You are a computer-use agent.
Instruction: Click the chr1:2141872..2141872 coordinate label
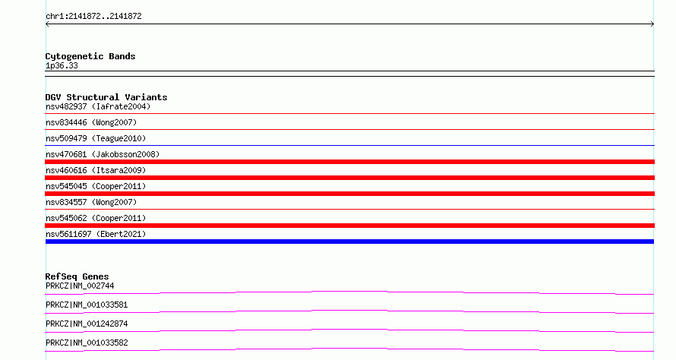pos(93,17)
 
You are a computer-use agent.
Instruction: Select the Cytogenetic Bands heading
pos(90,56)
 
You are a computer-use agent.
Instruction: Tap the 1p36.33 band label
pos(62,65)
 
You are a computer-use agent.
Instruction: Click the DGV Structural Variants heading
pos(106,97)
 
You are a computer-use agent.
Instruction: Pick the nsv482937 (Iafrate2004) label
pos(98,106)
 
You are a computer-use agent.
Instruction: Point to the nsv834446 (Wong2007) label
pos(91,122)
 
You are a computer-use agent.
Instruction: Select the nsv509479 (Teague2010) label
pos(96,138)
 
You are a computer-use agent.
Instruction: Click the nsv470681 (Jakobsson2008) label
pos(103,154)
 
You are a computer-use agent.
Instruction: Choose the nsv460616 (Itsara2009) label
pos(96,170)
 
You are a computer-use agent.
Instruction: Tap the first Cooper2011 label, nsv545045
pos(96,186)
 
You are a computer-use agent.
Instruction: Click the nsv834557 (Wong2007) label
pos(91,202)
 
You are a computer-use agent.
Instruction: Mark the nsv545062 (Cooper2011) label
pos(96,218)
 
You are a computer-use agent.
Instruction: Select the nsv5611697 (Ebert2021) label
pos(96,234)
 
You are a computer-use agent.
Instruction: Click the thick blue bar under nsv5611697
pos(349,242)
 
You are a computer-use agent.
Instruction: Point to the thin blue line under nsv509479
pos(349,145)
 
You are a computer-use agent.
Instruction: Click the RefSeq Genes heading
pos(77,276)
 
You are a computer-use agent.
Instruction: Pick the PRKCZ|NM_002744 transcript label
pos(80,286)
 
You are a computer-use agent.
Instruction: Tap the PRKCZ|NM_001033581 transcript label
pos(87,305)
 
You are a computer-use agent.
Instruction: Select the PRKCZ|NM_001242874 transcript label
pos(87,324)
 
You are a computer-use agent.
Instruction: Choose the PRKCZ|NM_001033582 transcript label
pos(87,343)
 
